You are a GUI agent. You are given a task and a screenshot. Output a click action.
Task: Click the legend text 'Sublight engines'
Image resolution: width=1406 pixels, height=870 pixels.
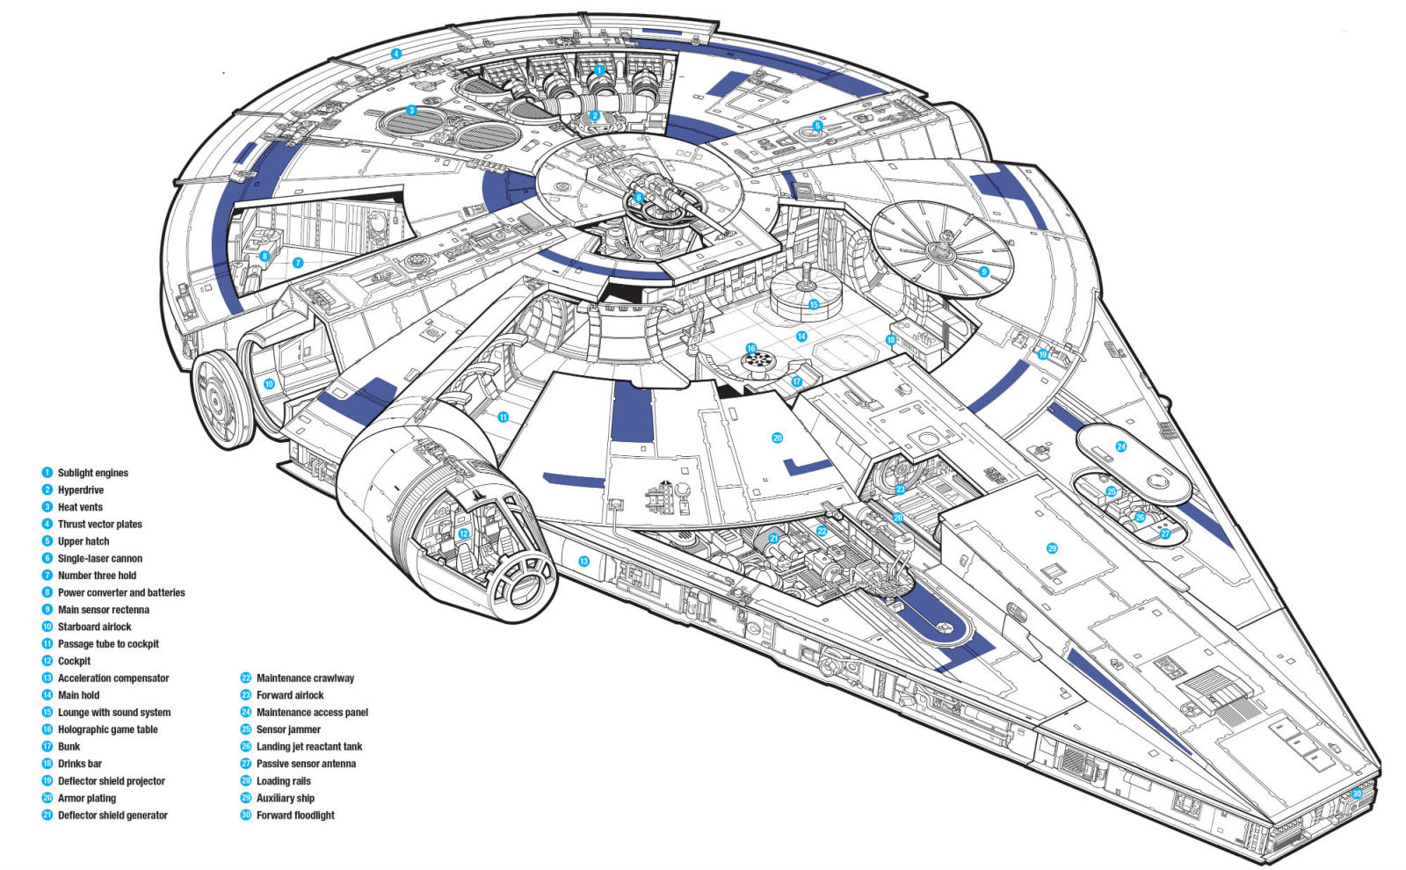pos(92,473)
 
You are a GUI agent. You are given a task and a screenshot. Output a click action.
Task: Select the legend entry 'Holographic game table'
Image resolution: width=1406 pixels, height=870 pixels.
pos(107,729)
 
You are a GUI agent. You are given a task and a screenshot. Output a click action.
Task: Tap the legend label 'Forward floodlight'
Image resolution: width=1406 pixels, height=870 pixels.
pos(295,816)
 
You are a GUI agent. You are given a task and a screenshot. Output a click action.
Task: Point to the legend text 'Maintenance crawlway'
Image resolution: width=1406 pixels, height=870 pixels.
pos(305,678)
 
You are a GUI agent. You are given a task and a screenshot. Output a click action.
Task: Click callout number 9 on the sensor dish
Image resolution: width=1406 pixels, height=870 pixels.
pos(983,272)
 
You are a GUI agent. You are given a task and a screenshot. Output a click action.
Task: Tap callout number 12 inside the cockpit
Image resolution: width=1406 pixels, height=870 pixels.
pos(464,533)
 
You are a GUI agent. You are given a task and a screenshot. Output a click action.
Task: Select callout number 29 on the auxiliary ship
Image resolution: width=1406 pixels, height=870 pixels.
pos(1052,548)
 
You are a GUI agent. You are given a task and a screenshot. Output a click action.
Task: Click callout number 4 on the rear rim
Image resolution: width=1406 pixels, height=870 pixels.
pos(396,54)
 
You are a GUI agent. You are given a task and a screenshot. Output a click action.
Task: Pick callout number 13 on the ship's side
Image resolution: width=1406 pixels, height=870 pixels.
pos(582,560)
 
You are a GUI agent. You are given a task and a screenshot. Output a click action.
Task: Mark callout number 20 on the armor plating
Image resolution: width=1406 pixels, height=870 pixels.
pos(777,438)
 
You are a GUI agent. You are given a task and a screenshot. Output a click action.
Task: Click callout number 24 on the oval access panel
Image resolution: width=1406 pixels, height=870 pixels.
pos(1120,446)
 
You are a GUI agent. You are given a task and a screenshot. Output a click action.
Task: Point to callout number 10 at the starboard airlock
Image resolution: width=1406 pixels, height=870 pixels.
pos(269,384)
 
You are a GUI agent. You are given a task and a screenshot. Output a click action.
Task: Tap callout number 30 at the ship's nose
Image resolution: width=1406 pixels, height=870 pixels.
pos(1357,794)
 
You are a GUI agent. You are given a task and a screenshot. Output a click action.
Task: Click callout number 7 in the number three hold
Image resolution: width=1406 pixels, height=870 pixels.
pos(298,263)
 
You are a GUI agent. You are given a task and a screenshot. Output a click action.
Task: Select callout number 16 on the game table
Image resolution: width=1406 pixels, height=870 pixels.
pos(751,349)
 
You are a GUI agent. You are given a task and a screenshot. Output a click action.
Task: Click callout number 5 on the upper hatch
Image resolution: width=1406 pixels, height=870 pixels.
pos(817,126)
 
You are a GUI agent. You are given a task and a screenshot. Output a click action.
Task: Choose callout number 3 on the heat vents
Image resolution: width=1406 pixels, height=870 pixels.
pos(411,111)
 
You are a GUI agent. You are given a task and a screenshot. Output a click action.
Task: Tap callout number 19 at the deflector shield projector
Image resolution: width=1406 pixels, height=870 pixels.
pos(1043,355)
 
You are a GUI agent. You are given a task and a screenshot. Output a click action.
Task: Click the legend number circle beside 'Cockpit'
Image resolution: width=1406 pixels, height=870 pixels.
pos(47,661)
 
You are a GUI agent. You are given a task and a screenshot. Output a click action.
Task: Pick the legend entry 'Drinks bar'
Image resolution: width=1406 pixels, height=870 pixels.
pos(79,764)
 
